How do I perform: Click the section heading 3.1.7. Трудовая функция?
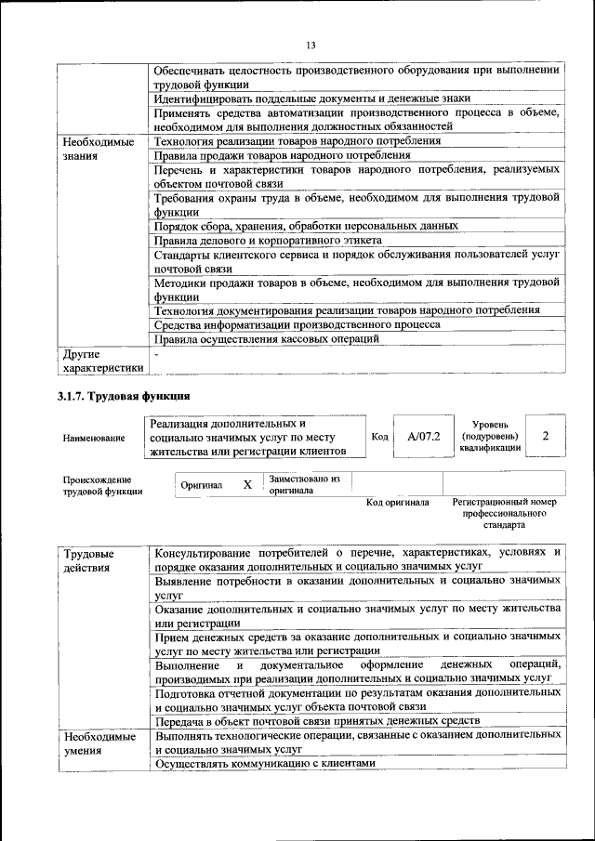(x=124, y=397)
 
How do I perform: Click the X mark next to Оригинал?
(x=247, y=485)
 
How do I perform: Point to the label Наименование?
(x=94, y=437)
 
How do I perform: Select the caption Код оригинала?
(x=397, y=503)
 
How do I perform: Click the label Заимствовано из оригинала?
(x=304, y=484)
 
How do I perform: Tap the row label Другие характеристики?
(x=102, y=360)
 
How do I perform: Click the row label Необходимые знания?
(x=99, y=149)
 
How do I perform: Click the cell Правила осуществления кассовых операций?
(x=267, y=339)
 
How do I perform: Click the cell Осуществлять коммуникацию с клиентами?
(x=265, y=763)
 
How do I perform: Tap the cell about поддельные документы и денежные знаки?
(x=311, y=98)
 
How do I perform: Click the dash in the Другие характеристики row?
(x=157, y=354)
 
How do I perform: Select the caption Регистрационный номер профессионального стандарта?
(x=504, y=513)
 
